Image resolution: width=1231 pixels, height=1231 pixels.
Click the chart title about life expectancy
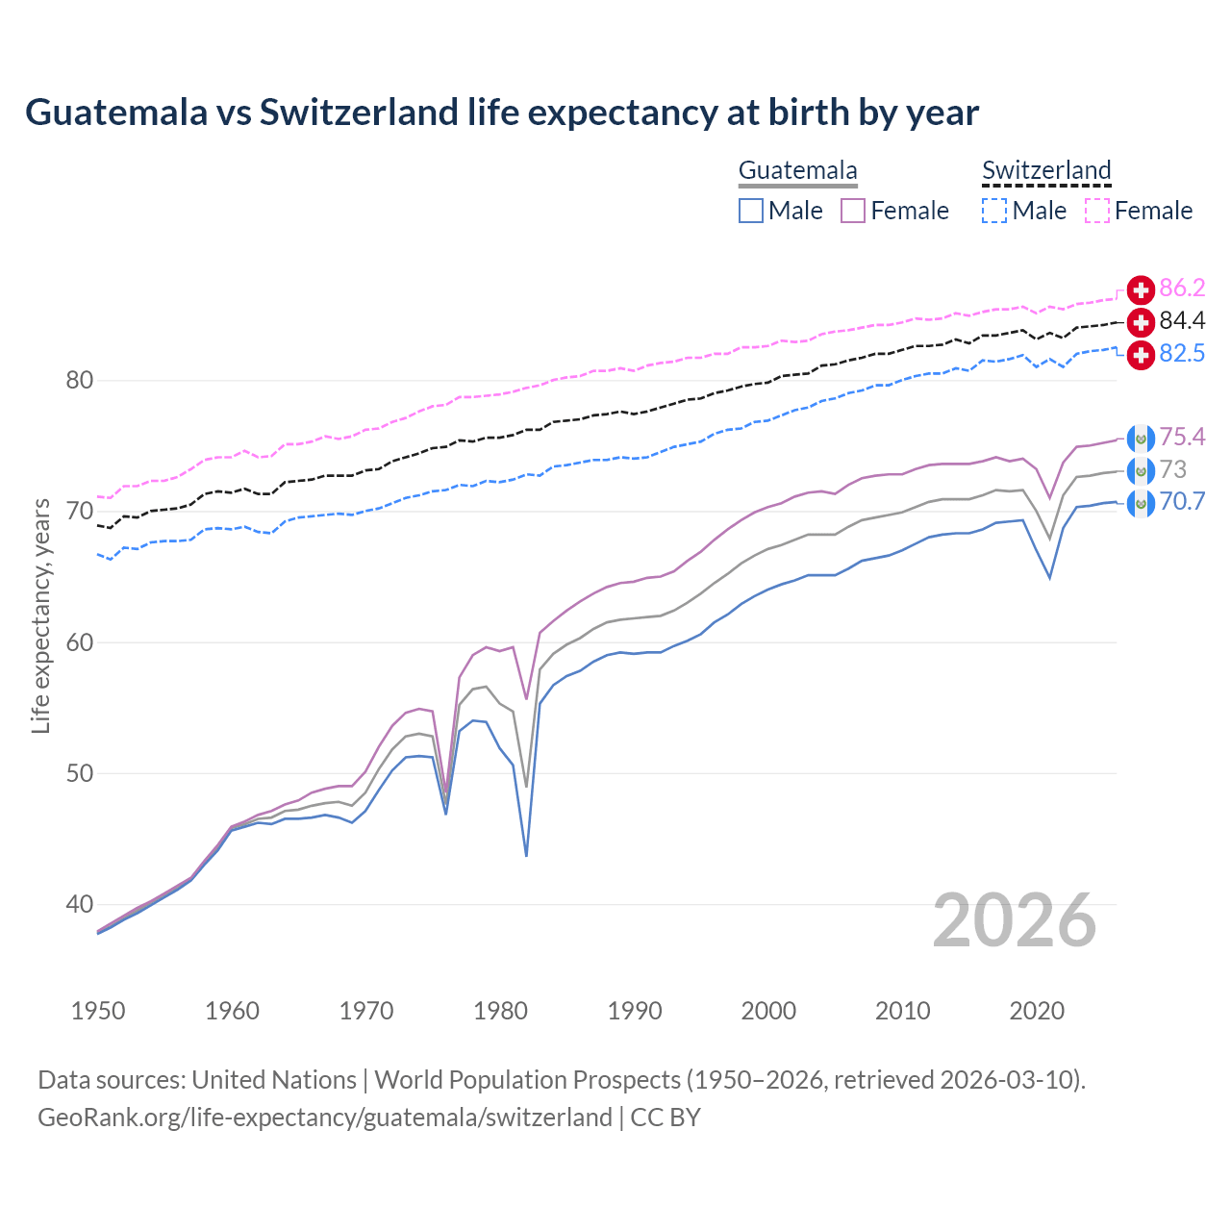coord(501,113)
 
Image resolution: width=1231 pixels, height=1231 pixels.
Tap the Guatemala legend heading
coord(797,170)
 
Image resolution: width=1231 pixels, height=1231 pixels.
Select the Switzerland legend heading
coord(1046,170)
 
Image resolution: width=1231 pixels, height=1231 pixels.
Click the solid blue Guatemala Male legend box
coord(751,211)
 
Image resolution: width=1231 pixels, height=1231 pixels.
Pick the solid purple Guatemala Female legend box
coord(853,211)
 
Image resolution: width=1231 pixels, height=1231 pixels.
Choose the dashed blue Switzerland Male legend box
coord(994,211)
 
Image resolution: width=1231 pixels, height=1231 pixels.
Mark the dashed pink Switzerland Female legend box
coord(1097,211)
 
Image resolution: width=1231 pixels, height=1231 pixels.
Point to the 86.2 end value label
coord(1182,288)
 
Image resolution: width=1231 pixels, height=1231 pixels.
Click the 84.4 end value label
coord(1182,320)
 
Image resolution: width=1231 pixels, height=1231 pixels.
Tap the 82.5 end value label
coord(1182,353)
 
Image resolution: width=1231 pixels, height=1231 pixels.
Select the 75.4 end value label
coord(1182,438)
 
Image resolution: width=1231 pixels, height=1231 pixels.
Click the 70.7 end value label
coord(1182,501)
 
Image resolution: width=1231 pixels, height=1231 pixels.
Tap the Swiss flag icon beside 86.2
coord(1141,289)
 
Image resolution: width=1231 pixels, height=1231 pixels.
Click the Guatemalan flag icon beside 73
coord(1141,471)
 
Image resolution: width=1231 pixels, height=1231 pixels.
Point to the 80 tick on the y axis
coord(80,381)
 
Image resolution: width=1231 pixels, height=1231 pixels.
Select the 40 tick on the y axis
coord(80,904)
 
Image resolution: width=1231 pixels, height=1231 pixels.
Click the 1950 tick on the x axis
coord(98,1011)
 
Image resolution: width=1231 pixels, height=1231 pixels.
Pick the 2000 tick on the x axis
coord(768,1011)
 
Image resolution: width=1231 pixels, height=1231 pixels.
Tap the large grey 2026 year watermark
coord(1015,920)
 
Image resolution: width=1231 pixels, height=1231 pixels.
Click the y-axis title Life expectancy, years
coord(40,615)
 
